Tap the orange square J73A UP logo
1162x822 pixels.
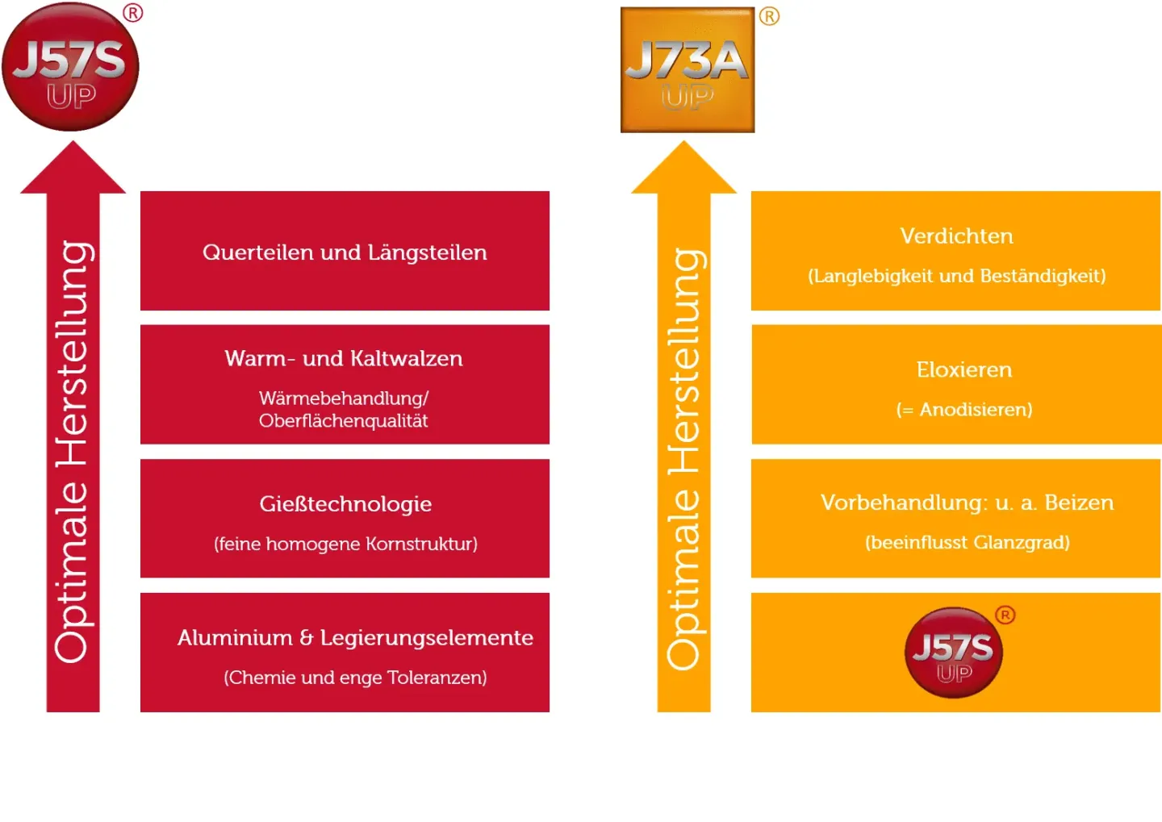click(x=688, y=70)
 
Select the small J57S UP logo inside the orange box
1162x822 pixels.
click(x=954, y=653)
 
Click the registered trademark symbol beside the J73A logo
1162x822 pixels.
click(x=769, y=16)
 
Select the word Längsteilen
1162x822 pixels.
click(x=427, y=252)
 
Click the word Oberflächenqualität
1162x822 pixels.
click(x=343, y=421)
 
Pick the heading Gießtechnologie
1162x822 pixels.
click(x=345, y=504)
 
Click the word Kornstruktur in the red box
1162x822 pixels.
click(x=421, y=544)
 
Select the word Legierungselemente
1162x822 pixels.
click(x=427, y=638)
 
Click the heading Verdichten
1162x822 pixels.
click(x=956, y=236)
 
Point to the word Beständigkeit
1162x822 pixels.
click(x=1043, y=276)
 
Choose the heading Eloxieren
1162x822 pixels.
click(x=963, y=370)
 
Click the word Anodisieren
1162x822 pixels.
click(x=976, y=410)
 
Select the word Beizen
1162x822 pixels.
click(x=1079, y=503)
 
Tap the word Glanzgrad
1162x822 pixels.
click(x=1022, y=543)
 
